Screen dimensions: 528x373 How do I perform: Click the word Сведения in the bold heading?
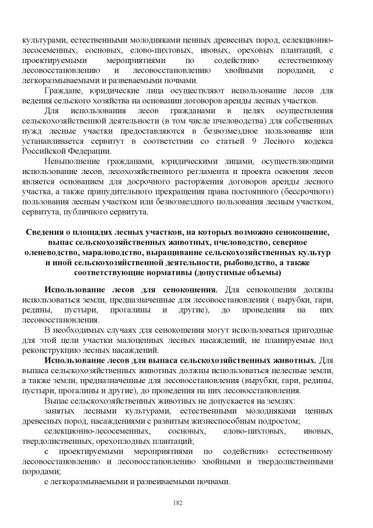point(49,232)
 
